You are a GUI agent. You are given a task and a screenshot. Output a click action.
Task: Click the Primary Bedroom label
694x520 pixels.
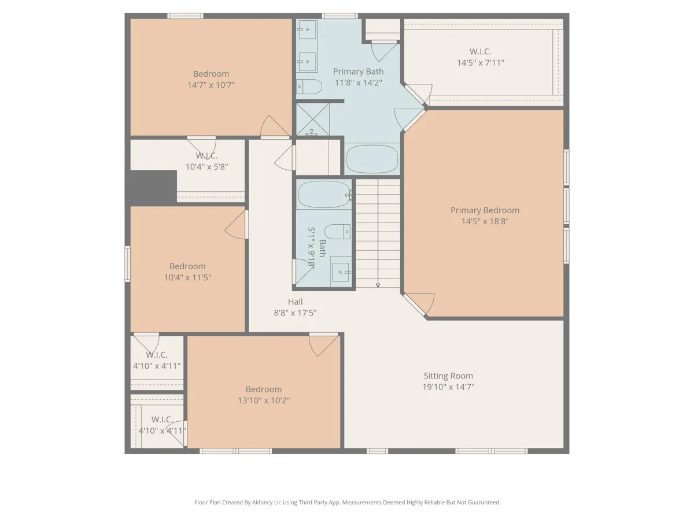click(x=485, y=210)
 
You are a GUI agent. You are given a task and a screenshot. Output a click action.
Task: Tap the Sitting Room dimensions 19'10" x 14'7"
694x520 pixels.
click(x=448, y=387)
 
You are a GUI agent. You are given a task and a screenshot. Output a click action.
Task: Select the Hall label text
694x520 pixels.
click(x=296, y=302)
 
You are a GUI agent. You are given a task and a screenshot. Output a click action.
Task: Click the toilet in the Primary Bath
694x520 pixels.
click(x=309, y=87)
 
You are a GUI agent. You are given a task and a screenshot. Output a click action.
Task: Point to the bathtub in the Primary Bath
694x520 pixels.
click(x=372, y=159)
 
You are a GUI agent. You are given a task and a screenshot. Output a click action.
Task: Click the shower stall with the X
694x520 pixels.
click(x=313, y=120)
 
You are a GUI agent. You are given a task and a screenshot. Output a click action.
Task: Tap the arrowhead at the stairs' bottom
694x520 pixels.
click(x=378, y=285)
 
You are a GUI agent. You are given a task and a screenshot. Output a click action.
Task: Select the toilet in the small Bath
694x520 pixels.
click(x=338, y=232)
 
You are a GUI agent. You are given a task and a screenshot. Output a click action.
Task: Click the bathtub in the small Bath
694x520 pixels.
click(x=324, y=195)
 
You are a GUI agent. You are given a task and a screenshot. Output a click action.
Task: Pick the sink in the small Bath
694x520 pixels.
click(x=341, y=272)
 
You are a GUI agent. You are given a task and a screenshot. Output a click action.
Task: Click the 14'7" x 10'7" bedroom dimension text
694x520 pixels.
click(x=211, y=85)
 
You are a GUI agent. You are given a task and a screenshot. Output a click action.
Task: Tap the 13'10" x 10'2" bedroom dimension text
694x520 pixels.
click(x=264, y=400)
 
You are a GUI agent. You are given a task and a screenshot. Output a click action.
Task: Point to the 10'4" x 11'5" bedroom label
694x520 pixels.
click(x=187, y=272)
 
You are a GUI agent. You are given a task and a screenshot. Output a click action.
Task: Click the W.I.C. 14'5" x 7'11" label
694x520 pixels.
click(x=481, y=57)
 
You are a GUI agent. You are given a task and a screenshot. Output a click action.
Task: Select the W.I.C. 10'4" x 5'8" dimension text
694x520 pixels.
click(x=207, y=167)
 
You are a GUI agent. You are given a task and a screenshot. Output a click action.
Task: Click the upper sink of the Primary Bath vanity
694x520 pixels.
click(x=307, y=29)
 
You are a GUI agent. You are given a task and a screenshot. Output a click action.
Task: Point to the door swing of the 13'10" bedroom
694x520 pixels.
click(x=323, y=345)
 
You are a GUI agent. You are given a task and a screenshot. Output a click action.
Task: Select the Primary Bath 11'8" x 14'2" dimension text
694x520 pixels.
click(x=358, y=83)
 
